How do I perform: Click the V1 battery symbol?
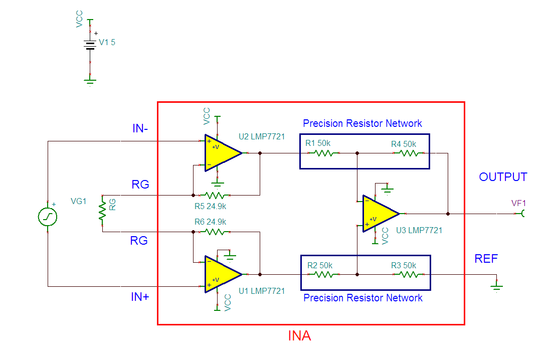[x=90, y=45]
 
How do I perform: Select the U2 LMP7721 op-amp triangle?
[x=221, y=153]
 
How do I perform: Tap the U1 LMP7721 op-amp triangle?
[x=221, y=274]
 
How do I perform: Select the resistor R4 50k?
[x=409, y=153]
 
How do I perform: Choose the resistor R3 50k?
[x=409, y=274]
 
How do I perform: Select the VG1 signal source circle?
[x=48, y=217]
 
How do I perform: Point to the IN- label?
[x=140, y=129]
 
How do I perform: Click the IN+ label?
[x=140, y=297]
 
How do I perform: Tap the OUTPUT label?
[x=503, y=177]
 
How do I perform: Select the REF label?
[x=486, y=259]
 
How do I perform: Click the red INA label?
[x=299, y=336]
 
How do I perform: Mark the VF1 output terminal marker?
[x=523, y=214]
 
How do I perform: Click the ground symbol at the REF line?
[x=496, y=287]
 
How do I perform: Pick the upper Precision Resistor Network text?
[x=362, y=123]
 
